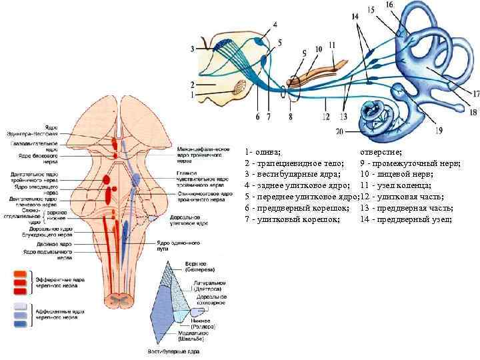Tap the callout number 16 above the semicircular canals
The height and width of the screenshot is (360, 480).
407,5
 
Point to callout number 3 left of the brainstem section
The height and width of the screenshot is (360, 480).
193,49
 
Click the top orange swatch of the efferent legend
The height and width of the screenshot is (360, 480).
20,273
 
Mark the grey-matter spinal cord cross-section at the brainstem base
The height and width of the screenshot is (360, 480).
121,301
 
